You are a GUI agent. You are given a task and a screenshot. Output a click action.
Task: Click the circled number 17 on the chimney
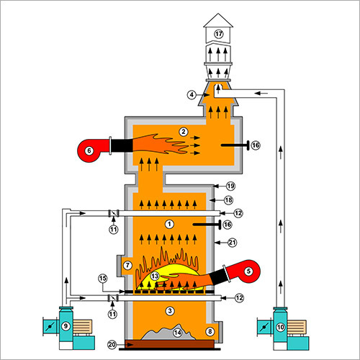tap(219, 34)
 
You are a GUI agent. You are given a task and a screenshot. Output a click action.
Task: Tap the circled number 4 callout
tap(192, 95)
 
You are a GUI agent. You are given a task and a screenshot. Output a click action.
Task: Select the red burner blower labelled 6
tap(94, 150)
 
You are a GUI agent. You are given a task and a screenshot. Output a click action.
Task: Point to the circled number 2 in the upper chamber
tap(184, 132)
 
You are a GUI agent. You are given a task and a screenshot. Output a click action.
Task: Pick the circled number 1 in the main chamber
tap(169, 224)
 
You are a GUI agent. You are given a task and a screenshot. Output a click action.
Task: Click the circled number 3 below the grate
tap(170, 311)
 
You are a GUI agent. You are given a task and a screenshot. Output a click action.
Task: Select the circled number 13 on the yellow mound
tap(155, 276)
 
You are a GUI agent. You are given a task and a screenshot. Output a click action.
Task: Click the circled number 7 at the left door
tap(127, 265)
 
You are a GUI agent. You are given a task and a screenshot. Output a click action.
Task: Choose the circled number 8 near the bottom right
tap(210, 331)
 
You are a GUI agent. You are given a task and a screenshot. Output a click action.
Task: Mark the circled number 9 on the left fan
tap(66, 326)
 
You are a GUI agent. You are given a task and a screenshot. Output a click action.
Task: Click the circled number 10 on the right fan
tap(280, 327)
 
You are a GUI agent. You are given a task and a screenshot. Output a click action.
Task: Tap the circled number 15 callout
tap(103, 279)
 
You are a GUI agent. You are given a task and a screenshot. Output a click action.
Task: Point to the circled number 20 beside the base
tap(112, 345)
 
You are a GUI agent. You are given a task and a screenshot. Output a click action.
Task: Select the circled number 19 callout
tap(230, 186)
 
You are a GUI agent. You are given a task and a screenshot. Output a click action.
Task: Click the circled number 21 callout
tap(232, 243)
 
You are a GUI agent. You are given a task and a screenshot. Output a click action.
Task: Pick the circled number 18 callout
tap(228, 200)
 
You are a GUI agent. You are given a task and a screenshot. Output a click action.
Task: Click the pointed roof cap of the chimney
tap(218, 20)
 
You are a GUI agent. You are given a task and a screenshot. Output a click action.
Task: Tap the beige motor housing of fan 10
tap(297, 327)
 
